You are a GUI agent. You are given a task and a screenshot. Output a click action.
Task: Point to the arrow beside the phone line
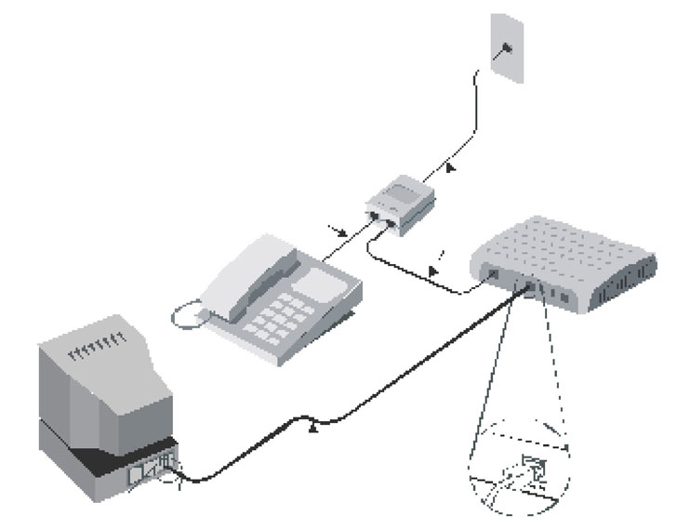338,228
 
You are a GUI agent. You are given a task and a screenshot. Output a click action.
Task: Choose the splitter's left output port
374,216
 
